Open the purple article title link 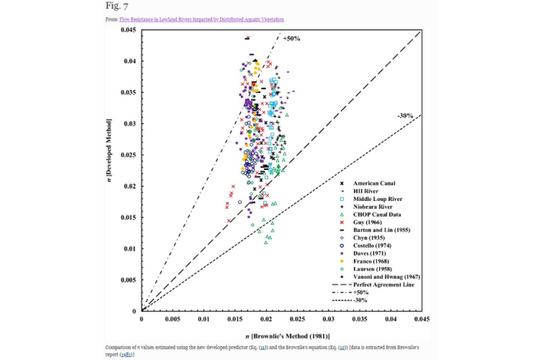click(202, 19)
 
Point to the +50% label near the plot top click(291, 39)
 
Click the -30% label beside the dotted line click(405, 116)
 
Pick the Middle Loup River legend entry click(378, 199)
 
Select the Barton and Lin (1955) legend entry click(382, 230)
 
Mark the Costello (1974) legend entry click(372, 246)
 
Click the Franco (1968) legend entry click(371, 261)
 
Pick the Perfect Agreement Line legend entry click(382, 284)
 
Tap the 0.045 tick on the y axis click(128, 30)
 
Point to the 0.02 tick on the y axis click(130, 186)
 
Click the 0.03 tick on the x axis click(328, 319)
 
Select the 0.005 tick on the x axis click(173, 319)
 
